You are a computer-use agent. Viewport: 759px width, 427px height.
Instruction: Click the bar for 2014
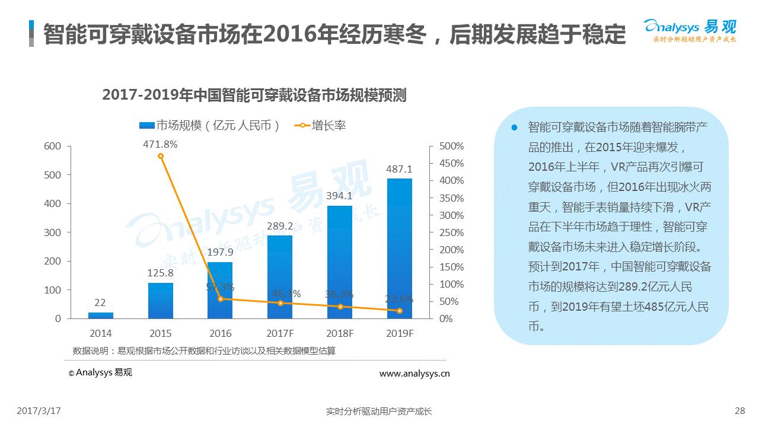tap(101, 316)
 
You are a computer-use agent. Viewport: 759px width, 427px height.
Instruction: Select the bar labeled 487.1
tap(400, 248)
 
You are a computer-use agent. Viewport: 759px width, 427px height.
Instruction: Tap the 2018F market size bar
tap(340, 262)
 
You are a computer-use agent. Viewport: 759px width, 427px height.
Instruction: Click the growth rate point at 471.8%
tap(161, 156)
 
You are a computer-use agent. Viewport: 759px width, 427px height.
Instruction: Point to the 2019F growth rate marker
tap(400, 311)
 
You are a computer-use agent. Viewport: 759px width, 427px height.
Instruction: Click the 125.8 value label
tap(160, 273)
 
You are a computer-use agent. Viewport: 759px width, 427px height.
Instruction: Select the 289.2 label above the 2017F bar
tap(280, 226)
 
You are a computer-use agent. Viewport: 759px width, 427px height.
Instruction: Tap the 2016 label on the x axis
tap(220, 333)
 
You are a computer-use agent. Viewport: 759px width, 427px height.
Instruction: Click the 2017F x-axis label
tap(280, 333)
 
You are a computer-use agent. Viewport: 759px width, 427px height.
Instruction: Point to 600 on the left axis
tap(53, 146)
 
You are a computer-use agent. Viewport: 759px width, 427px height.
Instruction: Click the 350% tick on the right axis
tap(451, 198)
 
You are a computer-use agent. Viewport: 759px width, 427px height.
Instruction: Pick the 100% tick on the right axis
tap(451, 284)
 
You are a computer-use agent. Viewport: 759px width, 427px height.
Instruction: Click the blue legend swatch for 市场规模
tap(147, 126)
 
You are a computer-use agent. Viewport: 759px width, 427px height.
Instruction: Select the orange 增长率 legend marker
tap(302, 126)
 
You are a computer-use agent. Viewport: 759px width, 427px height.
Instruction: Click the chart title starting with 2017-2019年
tap(254, 95)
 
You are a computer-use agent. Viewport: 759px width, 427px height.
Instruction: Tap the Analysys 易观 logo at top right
tap(691, 31)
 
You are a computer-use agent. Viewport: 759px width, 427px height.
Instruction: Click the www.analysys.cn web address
tap(414, 374)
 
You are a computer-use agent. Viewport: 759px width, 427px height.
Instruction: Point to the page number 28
tap(739, 411)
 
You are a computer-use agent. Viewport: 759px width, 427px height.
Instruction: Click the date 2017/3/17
tap(39, 411)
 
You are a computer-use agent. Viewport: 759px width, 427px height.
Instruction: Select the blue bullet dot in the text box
tap(514, 128)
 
